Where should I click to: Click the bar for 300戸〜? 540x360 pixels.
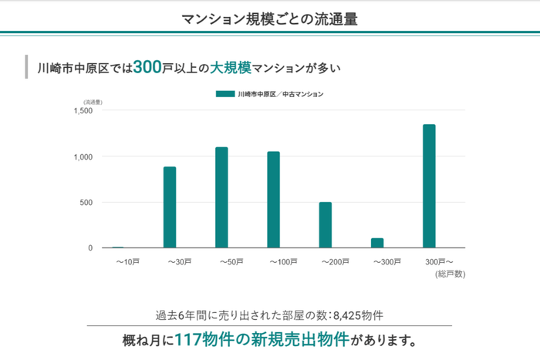tap(429, 187)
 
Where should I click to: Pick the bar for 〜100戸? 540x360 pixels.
tap(273, 200)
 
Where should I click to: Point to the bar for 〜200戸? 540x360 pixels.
tap(326, 225)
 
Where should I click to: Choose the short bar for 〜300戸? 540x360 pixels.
tap(377, 243)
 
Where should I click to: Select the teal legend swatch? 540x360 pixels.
tap(224, 94)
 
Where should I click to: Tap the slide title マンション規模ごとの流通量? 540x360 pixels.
tap(269, 19)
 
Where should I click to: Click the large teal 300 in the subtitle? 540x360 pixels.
tap(147, 68)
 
